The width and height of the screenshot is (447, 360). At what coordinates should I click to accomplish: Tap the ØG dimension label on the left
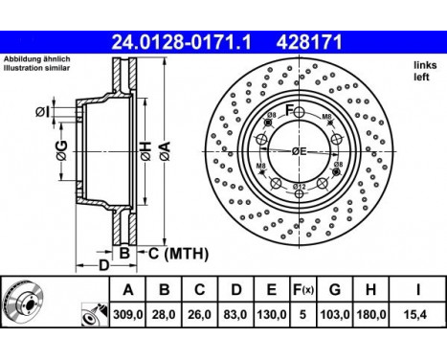click(x=59, y=149)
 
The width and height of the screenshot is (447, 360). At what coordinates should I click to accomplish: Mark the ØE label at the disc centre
click(x=301, y=150)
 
